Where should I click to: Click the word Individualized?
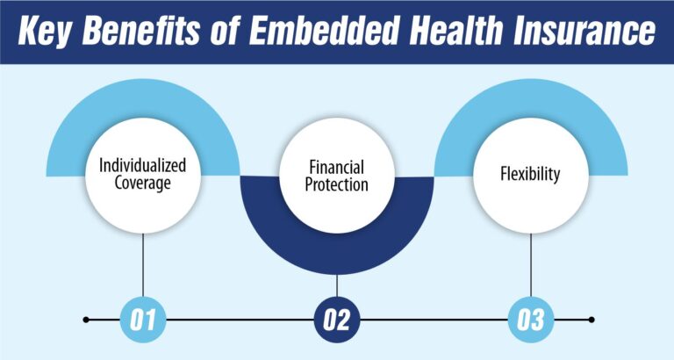[x=142, y=164]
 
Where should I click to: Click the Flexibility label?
[x=531, y=174]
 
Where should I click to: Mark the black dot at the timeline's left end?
[x=86, y=320]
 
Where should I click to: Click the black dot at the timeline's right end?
[x=592, y=320]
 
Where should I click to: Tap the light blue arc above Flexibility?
[x=531, y=97]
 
